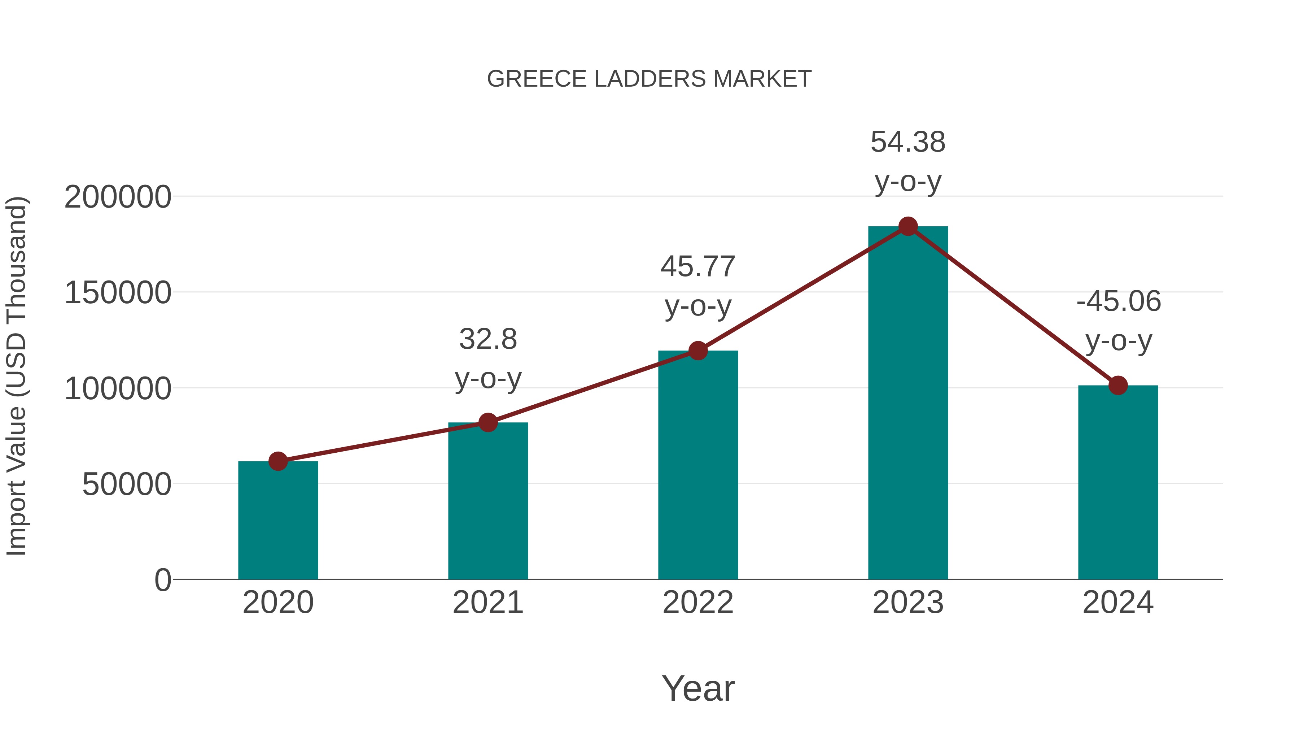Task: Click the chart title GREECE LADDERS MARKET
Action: pyautogui.click(x=649, y=79)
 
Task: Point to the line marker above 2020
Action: pyautogui.click(x=278, y=461)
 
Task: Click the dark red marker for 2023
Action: pyautogui.click(x=908, y=226)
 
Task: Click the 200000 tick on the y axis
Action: pyautogui.click(x=118, y=197)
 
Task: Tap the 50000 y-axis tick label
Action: pyautogui.click(x=127, y=484)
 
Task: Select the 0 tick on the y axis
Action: pyautogui.click(x=162, y=580)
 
